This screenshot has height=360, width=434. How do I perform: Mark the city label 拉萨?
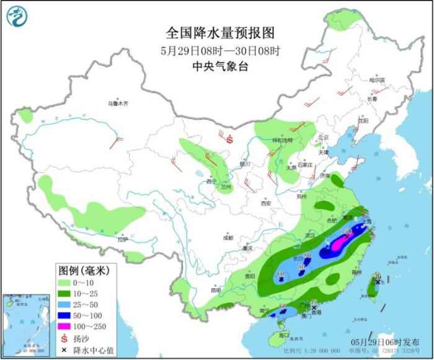(122, 239)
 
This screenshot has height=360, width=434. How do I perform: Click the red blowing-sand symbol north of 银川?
(230, 140)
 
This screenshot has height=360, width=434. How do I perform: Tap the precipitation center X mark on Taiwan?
(378, 283)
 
